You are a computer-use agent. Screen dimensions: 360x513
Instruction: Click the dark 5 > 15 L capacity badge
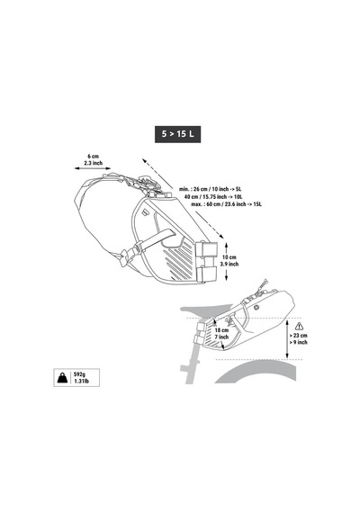177,134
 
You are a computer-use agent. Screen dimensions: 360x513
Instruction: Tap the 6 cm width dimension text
94,157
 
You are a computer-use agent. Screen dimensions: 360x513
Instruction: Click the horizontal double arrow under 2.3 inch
93,168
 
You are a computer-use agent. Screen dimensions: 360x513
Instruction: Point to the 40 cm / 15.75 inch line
213,196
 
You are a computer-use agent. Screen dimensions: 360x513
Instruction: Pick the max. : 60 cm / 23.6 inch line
227,204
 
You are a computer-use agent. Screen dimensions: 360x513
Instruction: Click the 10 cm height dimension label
229,257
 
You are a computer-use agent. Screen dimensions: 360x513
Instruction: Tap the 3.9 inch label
229,264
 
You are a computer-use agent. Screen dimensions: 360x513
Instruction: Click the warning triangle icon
299,326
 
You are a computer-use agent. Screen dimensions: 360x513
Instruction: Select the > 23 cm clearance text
298,336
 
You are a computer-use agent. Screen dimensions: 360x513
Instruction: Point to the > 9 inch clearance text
298,342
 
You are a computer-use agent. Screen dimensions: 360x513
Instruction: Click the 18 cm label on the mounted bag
221,330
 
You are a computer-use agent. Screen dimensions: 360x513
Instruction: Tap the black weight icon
62,378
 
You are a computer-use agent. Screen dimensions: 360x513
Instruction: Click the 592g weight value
79,374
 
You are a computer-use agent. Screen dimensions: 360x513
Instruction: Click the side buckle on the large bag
129,255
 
